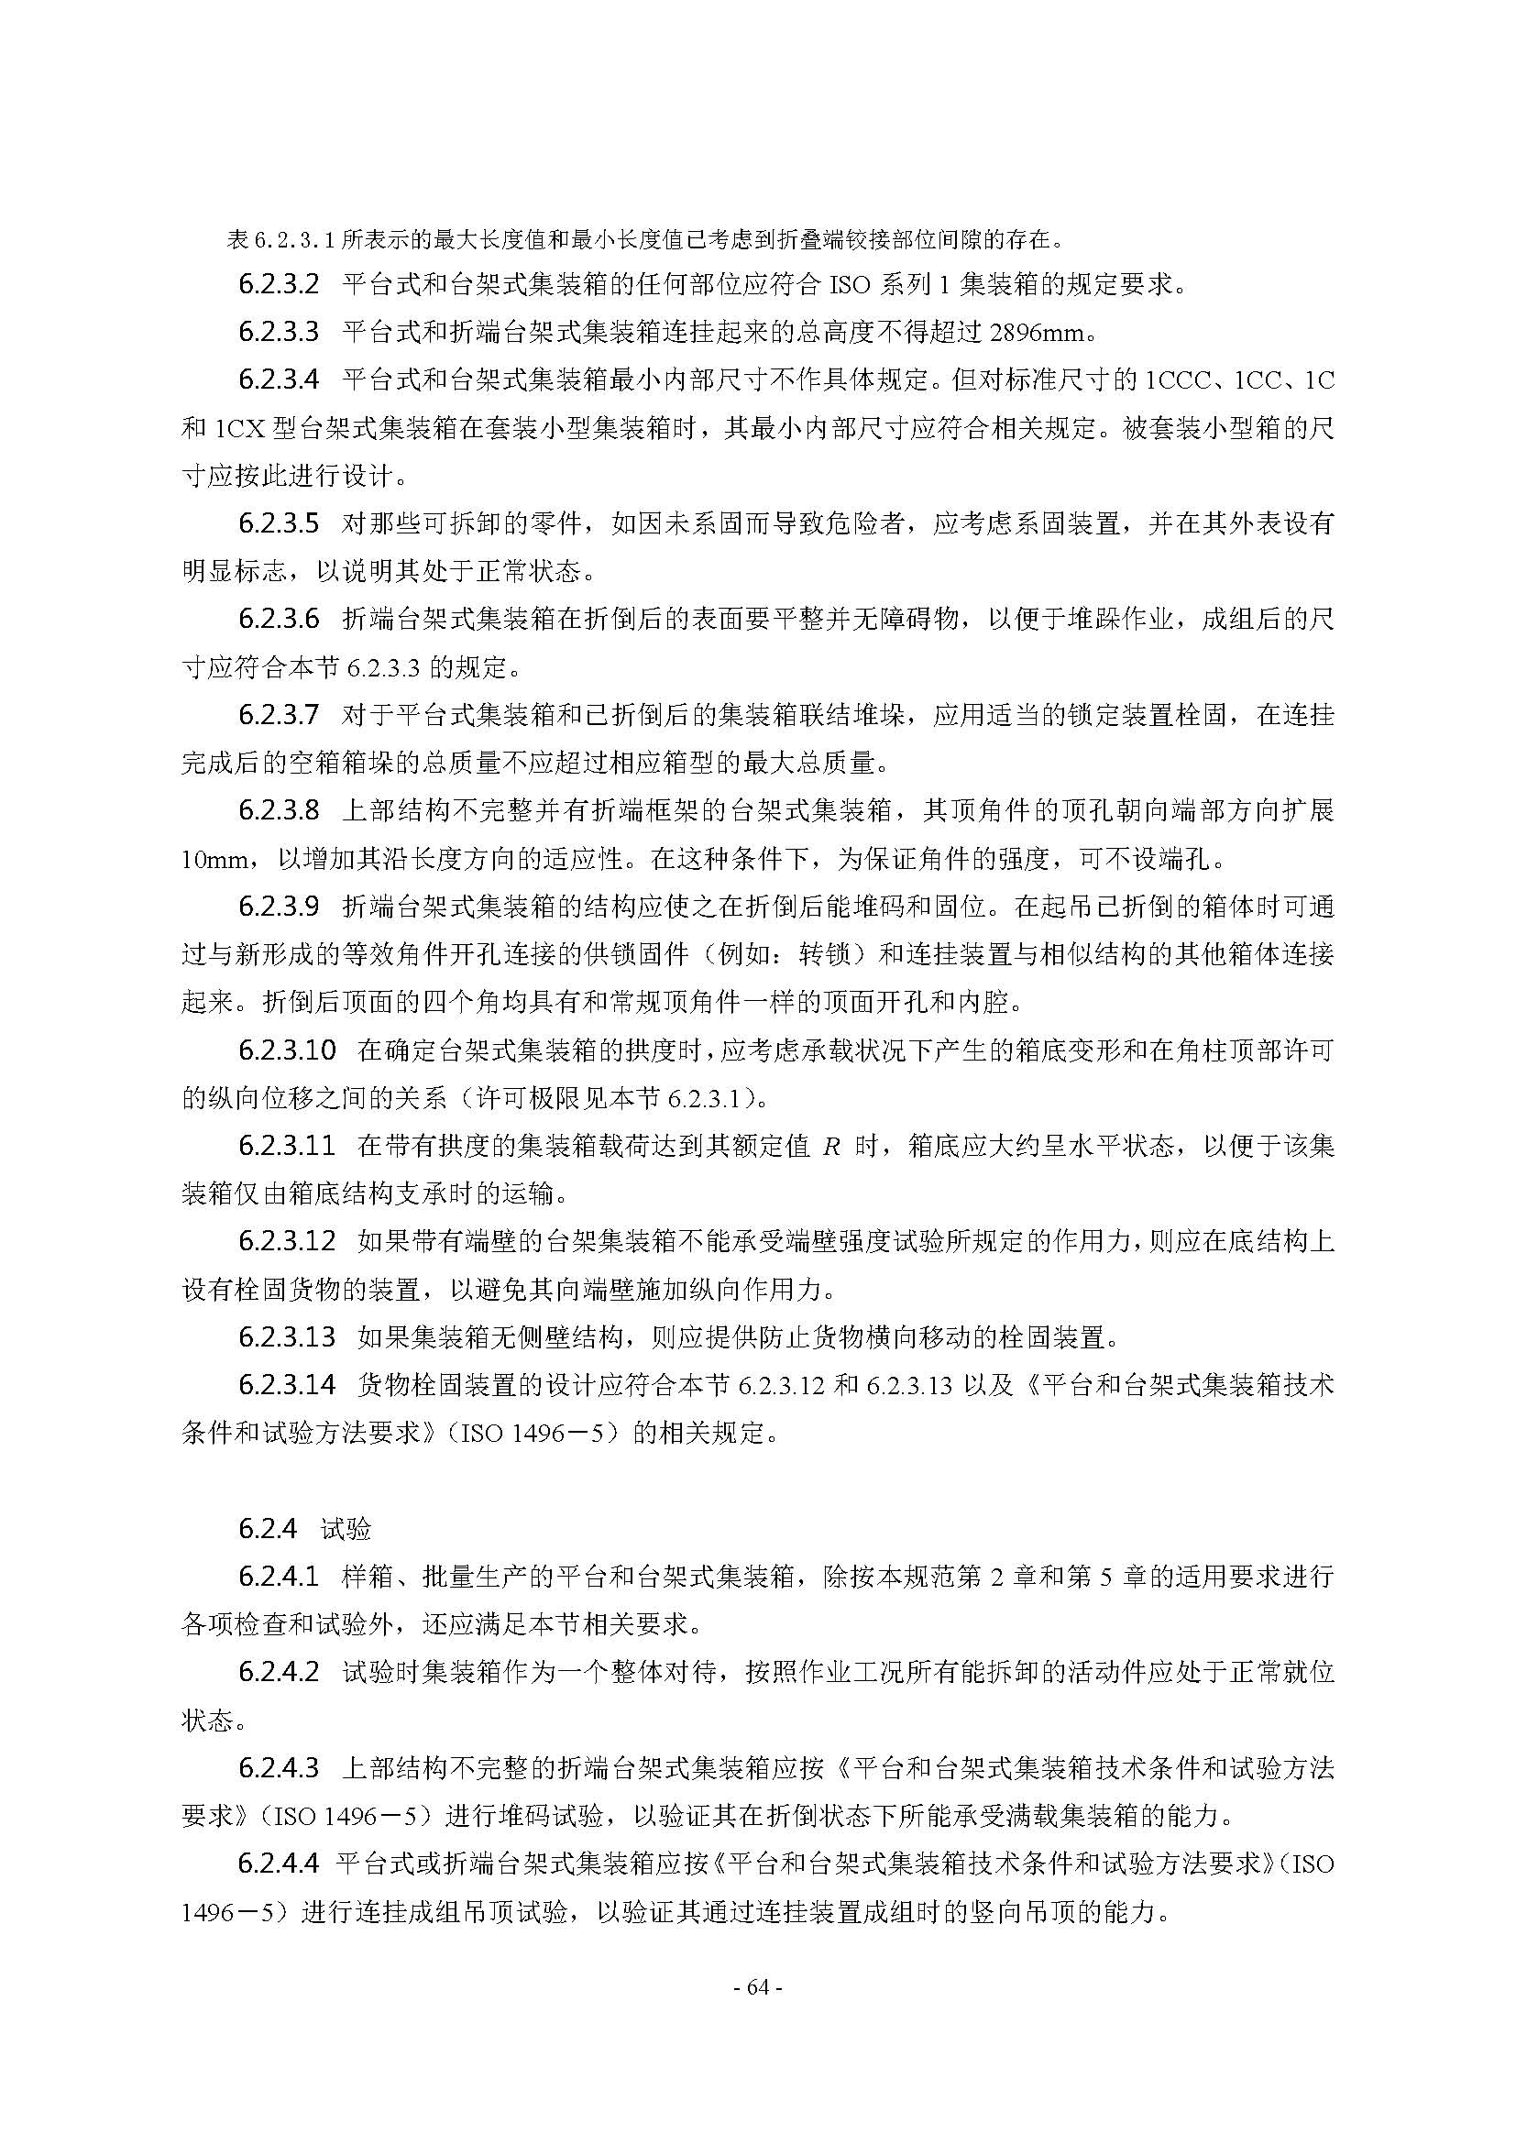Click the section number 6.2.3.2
[x=279, y=283]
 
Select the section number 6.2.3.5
[x=279, y=522]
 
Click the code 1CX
[x=241, y=429]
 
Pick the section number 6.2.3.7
[x=279, y=715]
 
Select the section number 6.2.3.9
[x=279, y=906]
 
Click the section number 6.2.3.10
[x=287, y=1050]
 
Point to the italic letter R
[x=829, y=1147]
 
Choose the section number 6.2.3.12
[x=287, y=1242]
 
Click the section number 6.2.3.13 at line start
[x=287, y=1337]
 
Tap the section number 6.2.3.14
[x=287, y=1385]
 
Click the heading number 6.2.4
[x=267, y=1529]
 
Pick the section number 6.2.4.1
[x=279, y=1578]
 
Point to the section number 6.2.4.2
[x=279, y=1673]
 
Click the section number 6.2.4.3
[x=279, y=1767]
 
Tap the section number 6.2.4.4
[x=279, y=1863]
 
